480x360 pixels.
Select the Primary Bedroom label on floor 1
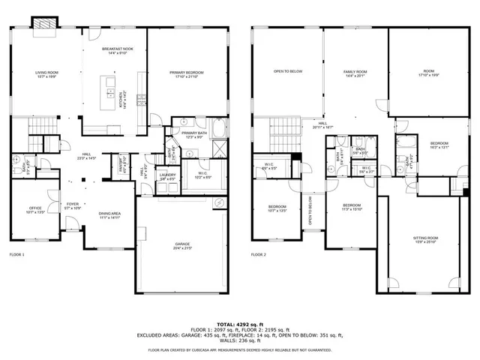click(x=187, y=73)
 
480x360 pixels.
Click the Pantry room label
click(x=116, y=159)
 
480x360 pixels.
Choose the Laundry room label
click(x=166, y=176)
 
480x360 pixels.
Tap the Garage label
click(x=181, y=245)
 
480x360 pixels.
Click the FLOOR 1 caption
click(x=16, y=255)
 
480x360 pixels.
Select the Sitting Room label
click(x=425, y=239)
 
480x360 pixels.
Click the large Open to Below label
click(x=288, y=73)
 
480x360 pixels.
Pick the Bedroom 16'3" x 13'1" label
click(x=439, y=145)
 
